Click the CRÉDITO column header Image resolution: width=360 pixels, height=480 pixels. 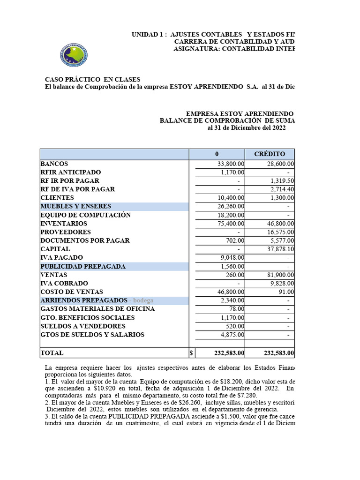point(270,154)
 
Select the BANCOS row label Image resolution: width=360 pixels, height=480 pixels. point(54,164)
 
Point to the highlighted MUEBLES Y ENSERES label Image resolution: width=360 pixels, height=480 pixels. point(76,206)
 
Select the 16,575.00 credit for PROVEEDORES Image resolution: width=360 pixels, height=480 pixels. point(280,232)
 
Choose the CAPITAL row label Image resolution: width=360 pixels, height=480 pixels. point(55,249)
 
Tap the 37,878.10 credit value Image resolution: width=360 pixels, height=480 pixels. point(280,249)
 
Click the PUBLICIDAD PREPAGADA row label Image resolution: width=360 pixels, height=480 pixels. point(83,266)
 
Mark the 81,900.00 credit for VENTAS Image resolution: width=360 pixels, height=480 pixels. point(280,275)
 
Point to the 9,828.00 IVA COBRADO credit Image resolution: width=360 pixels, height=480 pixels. point(282,284)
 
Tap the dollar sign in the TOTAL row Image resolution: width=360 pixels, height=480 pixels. point(191,353)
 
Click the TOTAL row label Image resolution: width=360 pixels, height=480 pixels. point(52,353)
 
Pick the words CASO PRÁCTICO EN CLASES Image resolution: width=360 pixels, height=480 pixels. point(92,80)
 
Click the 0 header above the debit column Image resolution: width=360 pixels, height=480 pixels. point(217,154)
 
